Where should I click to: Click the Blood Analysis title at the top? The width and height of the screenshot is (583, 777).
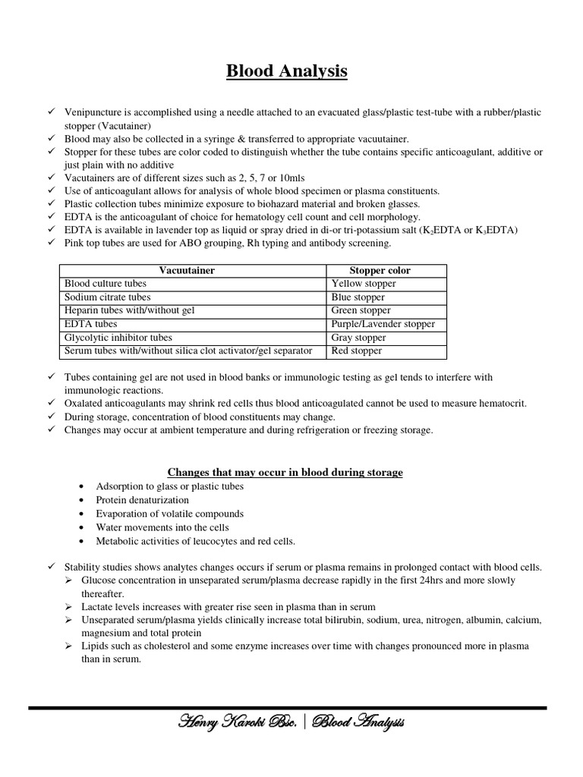tap(287, 71)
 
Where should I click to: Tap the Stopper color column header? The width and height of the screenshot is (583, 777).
tap(380, 270)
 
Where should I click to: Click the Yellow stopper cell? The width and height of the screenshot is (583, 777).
tap(364, 284)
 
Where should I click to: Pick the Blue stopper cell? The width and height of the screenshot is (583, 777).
tap(358, 297)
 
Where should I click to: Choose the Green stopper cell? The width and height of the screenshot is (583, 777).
tap(361, 310)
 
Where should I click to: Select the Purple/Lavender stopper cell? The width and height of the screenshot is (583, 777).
tap(383, 324)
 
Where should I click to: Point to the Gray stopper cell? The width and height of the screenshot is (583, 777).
tap(358, 338)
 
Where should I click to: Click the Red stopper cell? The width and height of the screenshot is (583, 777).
tap(357, 351)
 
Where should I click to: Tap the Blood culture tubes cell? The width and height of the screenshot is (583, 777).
tap(106, 284)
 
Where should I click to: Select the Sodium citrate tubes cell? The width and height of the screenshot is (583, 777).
tap(107, 297)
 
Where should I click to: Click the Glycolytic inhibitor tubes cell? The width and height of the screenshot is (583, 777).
tap(118, 338)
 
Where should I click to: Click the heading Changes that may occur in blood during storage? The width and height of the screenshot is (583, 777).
tap(285, 472)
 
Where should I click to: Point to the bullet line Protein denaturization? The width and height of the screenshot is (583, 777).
tap(143, 500)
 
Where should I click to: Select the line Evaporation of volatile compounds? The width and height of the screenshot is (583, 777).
tap(169, 514)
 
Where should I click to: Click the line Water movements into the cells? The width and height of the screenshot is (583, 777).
tap(162, 527)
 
